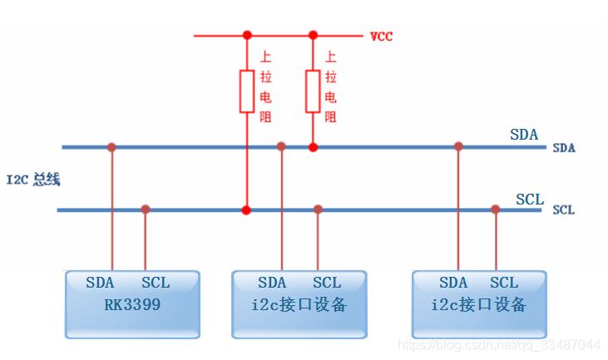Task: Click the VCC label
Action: (382, 37)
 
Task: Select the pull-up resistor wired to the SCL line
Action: (247, 91)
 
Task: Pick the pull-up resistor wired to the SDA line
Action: (313, 91)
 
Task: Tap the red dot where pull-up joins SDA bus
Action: (313, 147)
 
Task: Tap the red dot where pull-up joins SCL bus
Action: (246, 210)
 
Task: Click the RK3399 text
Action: (132, 304)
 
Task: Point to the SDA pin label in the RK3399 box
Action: (100, 283)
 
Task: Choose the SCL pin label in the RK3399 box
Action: (156, 283)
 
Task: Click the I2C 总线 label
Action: (33, 180)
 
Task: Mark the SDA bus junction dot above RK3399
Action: (111, 147)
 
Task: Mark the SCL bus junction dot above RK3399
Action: (146, 210)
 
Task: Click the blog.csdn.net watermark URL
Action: (499, 344)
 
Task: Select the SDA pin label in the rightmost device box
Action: (453, 283)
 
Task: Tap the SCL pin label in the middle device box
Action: (327, 283)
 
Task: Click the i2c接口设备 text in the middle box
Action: (299, 304)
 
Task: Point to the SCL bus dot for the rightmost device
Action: (495, 210)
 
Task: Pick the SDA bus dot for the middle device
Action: (281, 146)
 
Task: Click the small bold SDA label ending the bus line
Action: (564, 148)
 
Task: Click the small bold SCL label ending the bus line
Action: (563, 210)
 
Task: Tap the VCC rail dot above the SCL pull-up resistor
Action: (247, 35)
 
